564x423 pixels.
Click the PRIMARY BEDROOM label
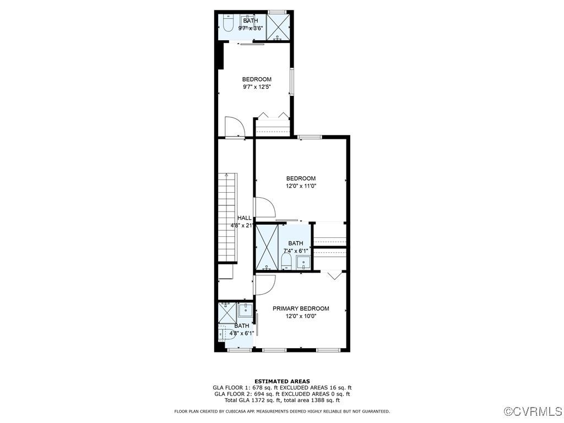coord(301,308)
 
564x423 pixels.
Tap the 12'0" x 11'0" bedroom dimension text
coord(301,186)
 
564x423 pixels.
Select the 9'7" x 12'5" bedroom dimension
coord(257,87)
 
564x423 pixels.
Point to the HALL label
coord(244,218)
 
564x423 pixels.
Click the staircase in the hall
coord(227,218)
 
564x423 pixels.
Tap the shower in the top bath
coord(279,27)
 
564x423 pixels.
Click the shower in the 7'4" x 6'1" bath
coord(267,247)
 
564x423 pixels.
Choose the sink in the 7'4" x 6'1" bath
coord(303,261)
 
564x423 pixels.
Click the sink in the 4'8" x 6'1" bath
coord(246,310)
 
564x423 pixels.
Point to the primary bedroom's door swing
coord(266,284)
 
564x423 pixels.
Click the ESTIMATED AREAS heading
coord(282,381)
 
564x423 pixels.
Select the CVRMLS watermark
coord(533,411)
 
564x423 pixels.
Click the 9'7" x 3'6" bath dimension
coord(251,28)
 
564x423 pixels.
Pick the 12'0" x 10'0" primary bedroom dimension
coord(301,316)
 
